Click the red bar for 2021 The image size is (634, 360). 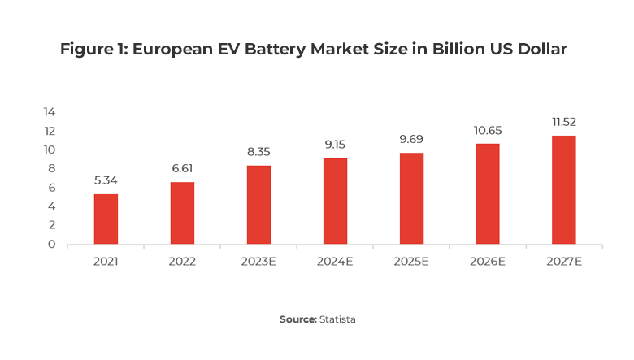point(106,219)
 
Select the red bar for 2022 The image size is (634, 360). point(182,213)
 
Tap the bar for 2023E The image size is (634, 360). point(258,205)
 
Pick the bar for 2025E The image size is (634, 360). point(411,198)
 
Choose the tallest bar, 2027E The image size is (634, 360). point(563,189)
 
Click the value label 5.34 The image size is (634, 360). point(106,180)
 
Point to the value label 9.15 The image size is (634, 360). point(335,145)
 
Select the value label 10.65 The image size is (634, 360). point(488,130)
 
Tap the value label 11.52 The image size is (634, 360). point(563,122)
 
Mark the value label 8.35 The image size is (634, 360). point(258,152)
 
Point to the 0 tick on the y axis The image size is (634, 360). point(51,244)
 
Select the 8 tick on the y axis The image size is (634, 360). point(51,168)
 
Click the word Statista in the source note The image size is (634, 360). point(337,319)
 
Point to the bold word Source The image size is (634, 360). point(297,319)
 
